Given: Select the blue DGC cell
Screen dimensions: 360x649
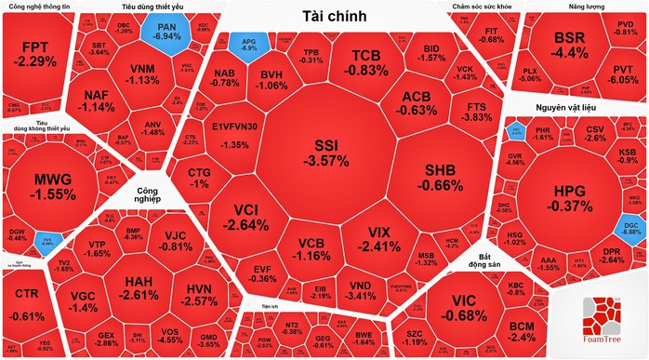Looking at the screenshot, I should (x=630, y=225).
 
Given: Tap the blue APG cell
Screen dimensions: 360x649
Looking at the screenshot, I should (x=250, y=43).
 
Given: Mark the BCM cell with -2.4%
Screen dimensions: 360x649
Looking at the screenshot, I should (x=522, y=331).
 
